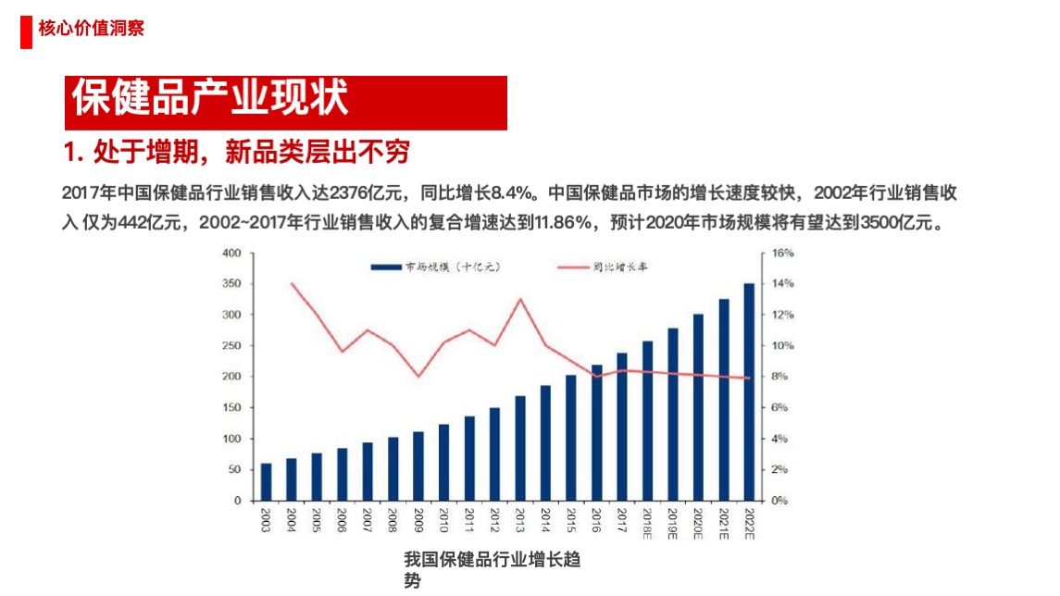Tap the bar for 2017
pos(621,427)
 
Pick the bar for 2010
pos(443,462)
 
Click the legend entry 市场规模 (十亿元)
pos(435,267)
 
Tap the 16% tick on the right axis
pos(783,253)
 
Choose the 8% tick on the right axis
pos(780,377)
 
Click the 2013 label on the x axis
pos(520,521)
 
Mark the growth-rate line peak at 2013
pos(520,299)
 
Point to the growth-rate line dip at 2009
pos(418,377)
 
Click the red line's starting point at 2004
pos(292,283)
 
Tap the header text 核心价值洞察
pos(92,29)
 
